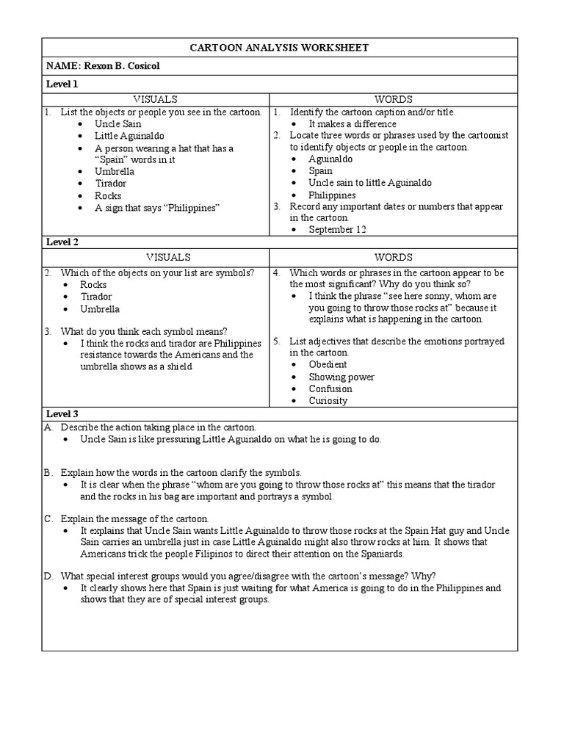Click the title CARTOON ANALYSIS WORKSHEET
pyautogui.click(x=279, y=48)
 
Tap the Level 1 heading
pyautogui.click(x=62, y=84)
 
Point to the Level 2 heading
pyautogui.click(x=62, y=242)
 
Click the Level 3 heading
pyautogui.click(x=62, y=414)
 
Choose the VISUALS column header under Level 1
pyautogui.click(x=155, y=99)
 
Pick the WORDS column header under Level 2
pyautogui.click(x=394, y=257)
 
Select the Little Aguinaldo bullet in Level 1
pyautogui.click(x=129, y=136)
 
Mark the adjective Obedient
pyautogui.click(x=328, y=364)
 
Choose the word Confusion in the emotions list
pyautogui.click(x=330, y=388)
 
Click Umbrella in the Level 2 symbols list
pyautogui.click(x=100, y=309)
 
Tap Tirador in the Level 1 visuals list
pyautogui.click(x=110, y=184)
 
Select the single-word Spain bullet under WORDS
pyautogui.click(x=320, y=171)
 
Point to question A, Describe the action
pyautogui.click(x=158, y=427)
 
